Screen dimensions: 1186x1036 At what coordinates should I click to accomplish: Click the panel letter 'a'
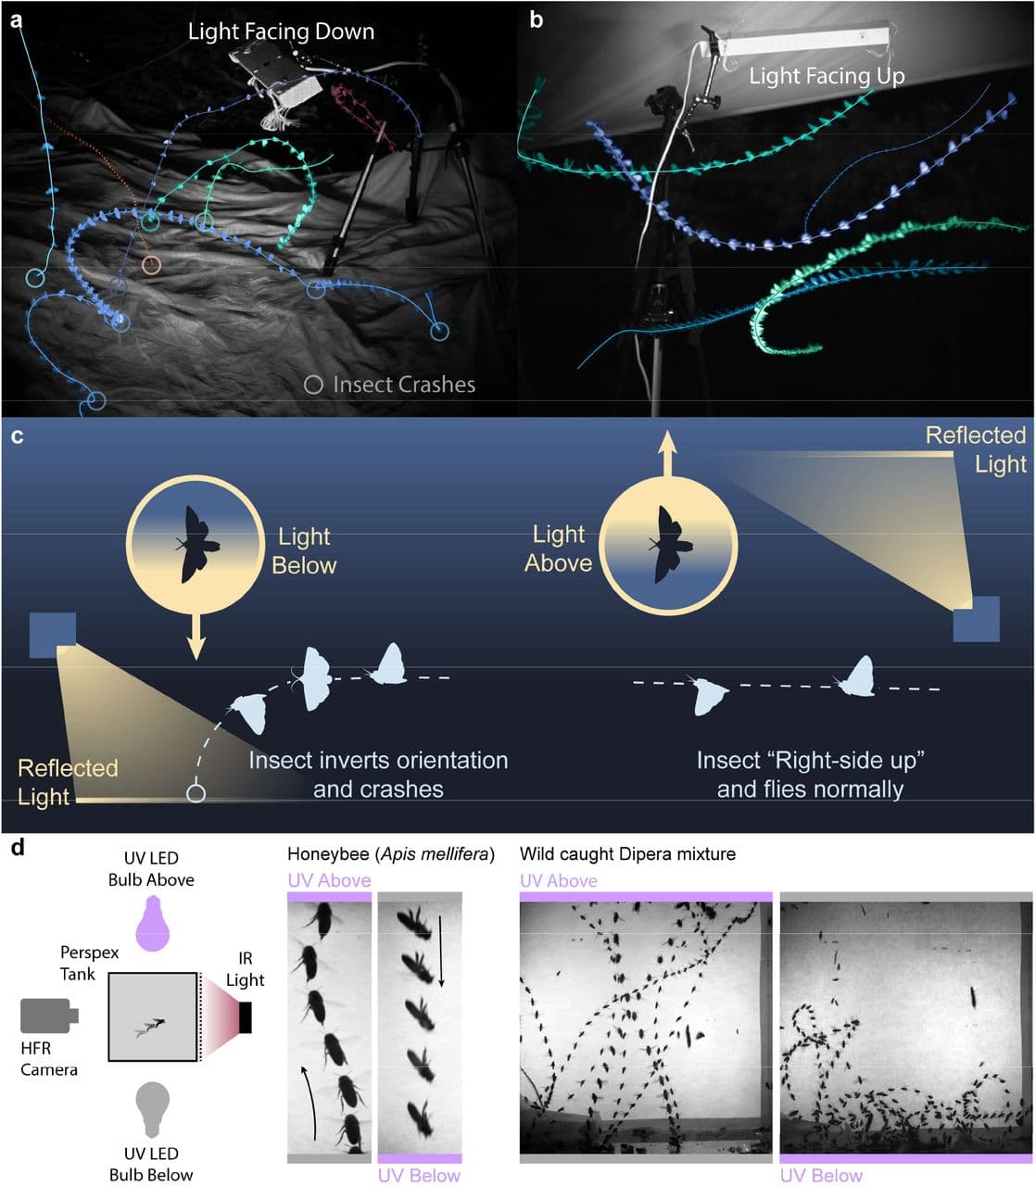point(17,19)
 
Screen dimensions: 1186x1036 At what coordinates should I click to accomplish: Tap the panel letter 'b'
point(537,19)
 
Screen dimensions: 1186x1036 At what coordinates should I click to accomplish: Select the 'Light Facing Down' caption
point(281,32)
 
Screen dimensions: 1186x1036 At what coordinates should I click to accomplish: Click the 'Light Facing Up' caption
point(827,76)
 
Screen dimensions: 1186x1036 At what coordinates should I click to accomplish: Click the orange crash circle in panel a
point(151,266)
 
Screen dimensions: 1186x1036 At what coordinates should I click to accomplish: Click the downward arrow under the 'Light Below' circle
point(195,637)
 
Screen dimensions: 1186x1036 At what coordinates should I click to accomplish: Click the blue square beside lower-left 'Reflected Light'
point(52,635)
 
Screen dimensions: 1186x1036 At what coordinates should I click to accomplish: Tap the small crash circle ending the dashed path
point(196,793)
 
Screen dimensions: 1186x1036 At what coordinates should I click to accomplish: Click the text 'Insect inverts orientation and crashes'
point(378,775)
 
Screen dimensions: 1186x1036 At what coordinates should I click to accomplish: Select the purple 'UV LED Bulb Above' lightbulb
point(152,923)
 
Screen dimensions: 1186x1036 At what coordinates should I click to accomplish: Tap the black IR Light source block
point(246,1016)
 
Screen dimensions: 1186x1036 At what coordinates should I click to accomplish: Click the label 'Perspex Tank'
point(90,963)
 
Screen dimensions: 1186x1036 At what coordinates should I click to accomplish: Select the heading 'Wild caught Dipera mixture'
point(627,853)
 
